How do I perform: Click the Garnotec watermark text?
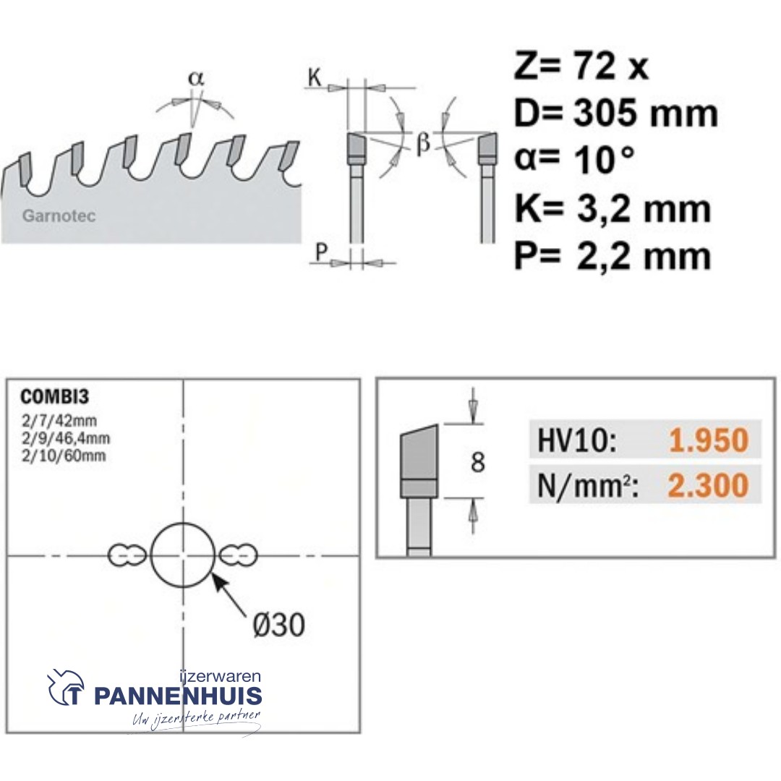point(59,216)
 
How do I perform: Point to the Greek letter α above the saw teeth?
point(196,78)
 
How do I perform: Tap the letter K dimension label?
point(315,77)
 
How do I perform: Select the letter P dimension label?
point(321,252)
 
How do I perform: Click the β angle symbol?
point(423,143)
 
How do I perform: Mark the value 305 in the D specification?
point(605,113)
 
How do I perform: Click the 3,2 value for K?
point(602,209)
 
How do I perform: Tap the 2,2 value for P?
point(602,257)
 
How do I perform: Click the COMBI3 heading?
point(55,397)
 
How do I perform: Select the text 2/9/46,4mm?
point(66,438)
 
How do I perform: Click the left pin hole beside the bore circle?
point(127,555)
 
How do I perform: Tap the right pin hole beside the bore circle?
point(238,555)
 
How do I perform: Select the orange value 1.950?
point(709,440)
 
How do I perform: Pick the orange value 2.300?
point(708,485)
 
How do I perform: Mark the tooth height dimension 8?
point(478,461)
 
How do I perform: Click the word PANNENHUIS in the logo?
point(178,696)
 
